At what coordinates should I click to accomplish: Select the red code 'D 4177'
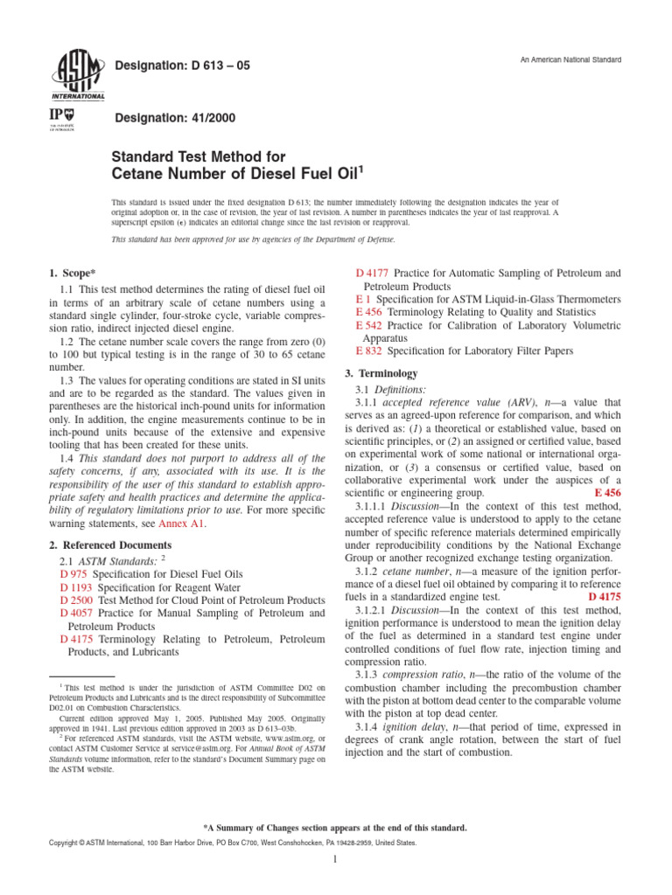373,274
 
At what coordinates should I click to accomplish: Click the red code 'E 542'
370,325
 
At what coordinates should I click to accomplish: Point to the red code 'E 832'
370,350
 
